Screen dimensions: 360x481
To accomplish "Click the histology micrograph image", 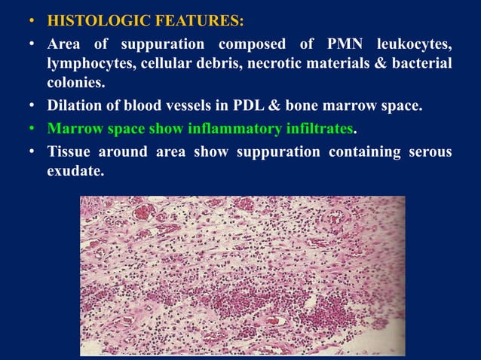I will (x=242, y=275).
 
